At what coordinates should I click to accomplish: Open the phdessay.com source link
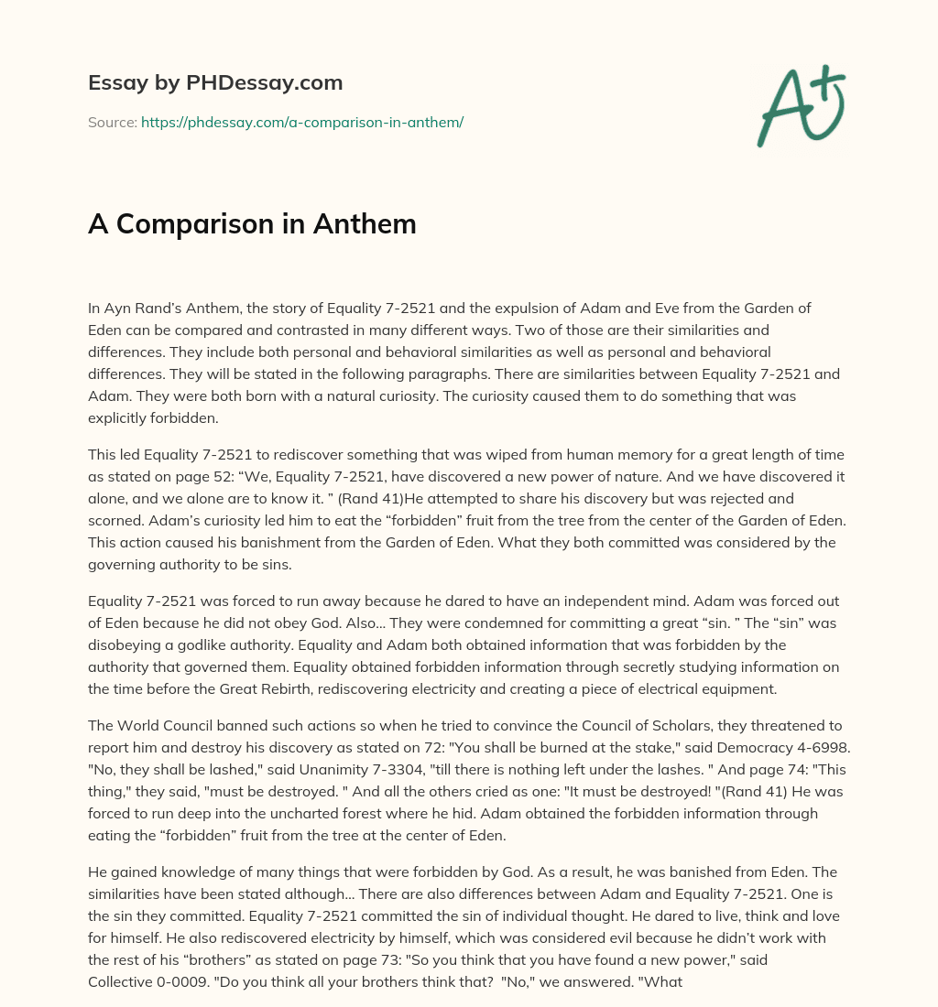(302, 122)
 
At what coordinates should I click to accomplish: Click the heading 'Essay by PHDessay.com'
(215, 82)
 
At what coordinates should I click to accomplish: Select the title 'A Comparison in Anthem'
(252, 223)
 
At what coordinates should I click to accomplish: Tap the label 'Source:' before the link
(112, 122)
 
